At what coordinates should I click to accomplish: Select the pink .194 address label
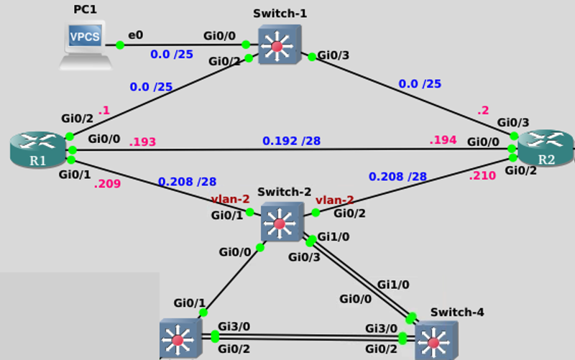(x=443, y=140)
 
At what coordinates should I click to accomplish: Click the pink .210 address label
(x=482, y=175)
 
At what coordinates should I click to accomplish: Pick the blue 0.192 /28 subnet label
(x=291, y=141)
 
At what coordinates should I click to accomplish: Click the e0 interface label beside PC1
(x=135, y=34)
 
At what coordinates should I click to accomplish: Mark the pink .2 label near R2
(x=484, y=111)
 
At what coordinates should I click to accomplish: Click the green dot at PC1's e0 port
(x=119, y=45)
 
